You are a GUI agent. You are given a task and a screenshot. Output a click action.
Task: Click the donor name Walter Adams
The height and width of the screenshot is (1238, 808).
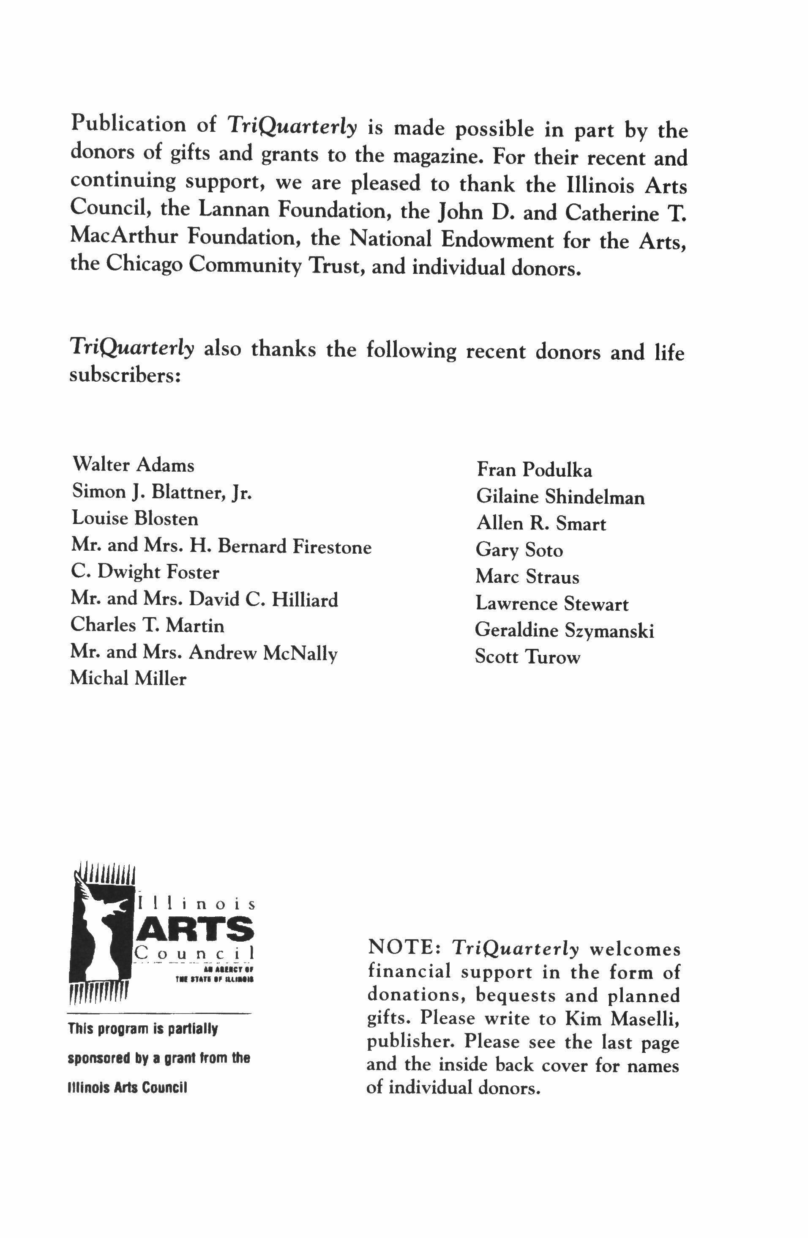(x=133, y=465)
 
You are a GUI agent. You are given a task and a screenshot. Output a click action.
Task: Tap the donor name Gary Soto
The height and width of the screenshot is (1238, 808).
(x=519, y=550)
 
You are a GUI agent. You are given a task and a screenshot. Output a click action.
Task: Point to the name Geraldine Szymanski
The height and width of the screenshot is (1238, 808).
(x=564, y=631)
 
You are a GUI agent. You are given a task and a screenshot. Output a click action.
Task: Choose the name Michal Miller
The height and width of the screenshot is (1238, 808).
(x=128, y=678)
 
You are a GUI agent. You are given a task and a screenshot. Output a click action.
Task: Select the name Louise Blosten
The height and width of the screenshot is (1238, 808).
(x=135, y=519)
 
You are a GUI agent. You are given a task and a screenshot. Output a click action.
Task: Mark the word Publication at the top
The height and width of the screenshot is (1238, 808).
(x=128, y=125)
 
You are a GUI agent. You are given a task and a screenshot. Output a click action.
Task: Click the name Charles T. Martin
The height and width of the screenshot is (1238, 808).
(x=147, y=625)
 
